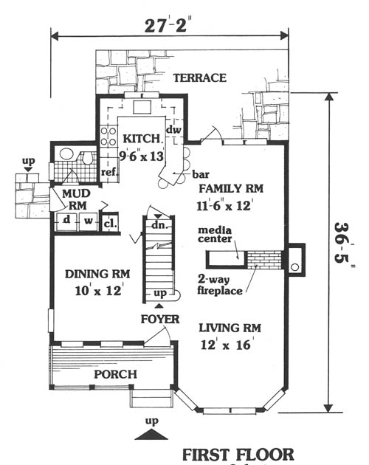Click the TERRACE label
(199, 78)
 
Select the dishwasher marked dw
(173, 130)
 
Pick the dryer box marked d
(67, 221)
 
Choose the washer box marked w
(88, 221)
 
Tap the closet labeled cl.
(110, 224)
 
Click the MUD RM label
(76, 199)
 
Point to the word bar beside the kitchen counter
(201, 174)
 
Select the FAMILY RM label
(231, 189)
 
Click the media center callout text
(215, 234)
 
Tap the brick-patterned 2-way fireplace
(264, 260)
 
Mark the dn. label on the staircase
(160, 225)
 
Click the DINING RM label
(97, 274)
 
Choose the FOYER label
(160, 320)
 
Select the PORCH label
(115, 374)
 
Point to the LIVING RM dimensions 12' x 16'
(226, 345)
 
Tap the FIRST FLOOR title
(238, 455)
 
